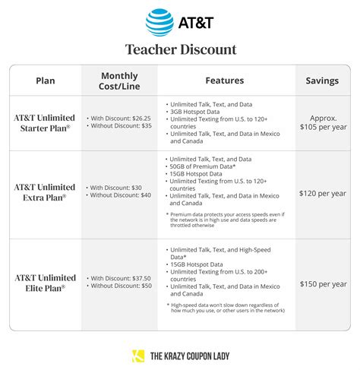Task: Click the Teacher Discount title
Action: [180, 49]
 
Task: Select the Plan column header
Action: [45, 81]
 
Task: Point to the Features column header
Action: [226, 81]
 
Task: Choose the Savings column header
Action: [322, 81]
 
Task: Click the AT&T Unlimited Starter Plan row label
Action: [45, 122]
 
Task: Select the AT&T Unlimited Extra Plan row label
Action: [45, 191]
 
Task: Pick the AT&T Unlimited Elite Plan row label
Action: [45, 283]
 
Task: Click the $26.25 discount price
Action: [134, 118]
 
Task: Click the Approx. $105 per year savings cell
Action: [323, 122]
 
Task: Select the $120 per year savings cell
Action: [323, 194]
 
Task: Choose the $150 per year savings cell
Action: [323, 283]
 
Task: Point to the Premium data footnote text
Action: [226, 220]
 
